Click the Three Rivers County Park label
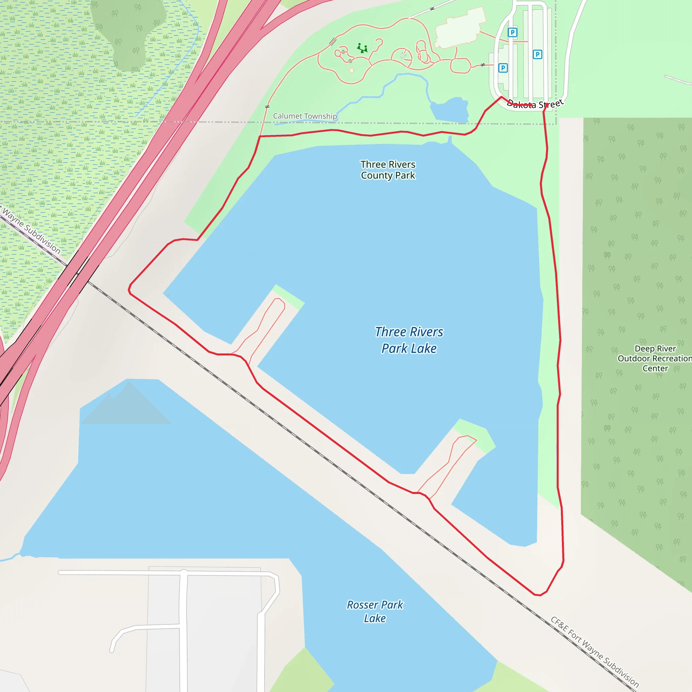[x=388, y=170]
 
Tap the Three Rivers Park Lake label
[x=409, y=340]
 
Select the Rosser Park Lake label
[x=375, y=611]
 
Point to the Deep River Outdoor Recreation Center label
[x=655, y=358]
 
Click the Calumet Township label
[x=305, y=116]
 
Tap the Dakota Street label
[x=535, y=104]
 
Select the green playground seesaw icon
[x=362, y=48]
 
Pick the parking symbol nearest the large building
[x=512, y=32]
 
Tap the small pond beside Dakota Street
[x=450, y=109]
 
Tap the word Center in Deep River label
[x=655, y=368]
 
